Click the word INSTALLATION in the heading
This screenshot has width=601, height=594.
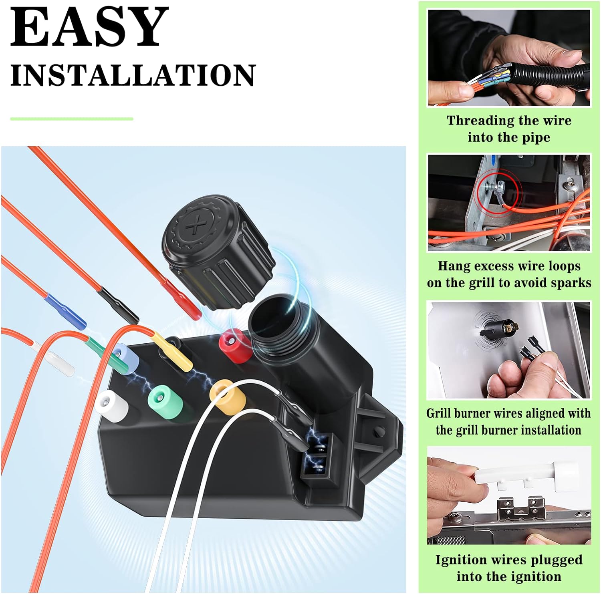click(133, 75)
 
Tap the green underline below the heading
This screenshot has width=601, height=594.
click(72, 119)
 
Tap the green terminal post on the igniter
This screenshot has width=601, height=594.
click(164, 401)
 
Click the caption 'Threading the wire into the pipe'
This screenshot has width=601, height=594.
click(509, 129)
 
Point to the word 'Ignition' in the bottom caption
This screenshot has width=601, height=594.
click(460, 560)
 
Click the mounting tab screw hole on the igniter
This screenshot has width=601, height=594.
click(379, 433)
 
